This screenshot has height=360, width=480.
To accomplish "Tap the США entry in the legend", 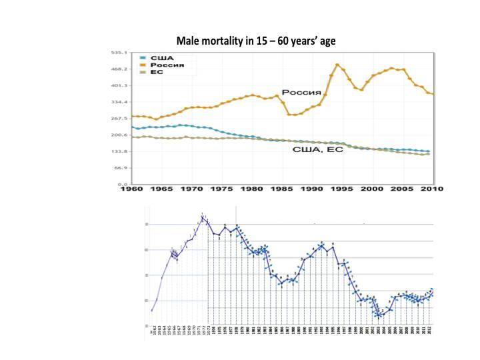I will [x=159, y=58].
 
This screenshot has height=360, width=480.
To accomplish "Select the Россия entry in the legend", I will [x=164, y=66].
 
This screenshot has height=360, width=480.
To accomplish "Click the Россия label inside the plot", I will [x=297, y=92].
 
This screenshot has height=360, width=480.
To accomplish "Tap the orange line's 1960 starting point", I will [x=132, y=116].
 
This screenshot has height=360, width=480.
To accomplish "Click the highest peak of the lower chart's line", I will [x=203, y=216].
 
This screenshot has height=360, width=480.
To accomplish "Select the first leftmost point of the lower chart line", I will [x=151, y=310].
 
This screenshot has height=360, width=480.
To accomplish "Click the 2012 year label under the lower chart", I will [x=432, y=331].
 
